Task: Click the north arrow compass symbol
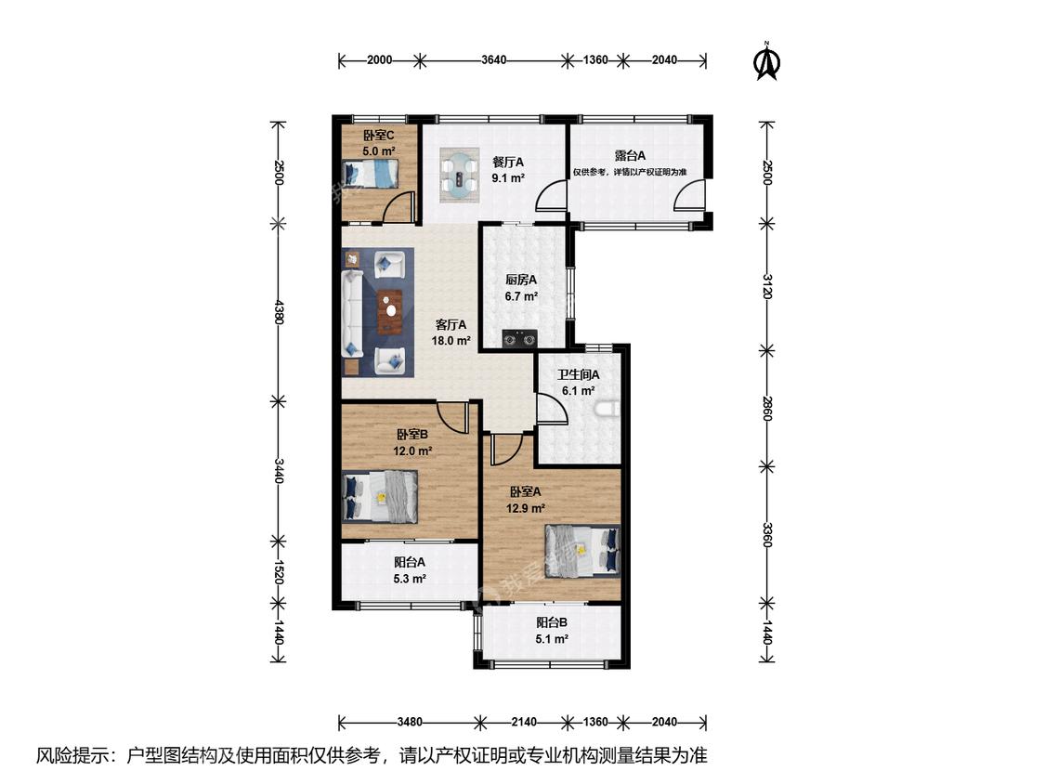click(x=766, y=61)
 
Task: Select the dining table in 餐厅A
click(x=459, y=175)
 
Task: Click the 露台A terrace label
click(x=630, y=156)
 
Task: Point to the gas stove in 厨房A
click(x=520, y=339)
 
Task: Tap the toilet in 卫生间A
click(x=609, y=409)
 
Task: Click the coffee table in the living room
click(x=390, y=311)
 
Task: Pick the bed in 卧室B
click(x=381, y=497)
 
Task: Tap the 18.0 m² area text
click(x=451, y=341)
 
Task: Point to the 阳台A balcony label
click(x=410, y=563)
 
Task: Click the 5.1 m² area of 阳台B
click(x=552, y=639)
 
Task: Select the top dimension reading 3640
click(x=494, y=60)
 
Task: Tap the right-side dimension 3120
click(x=767, y=286)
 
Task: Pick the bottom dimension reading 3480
click(x=410, y=722)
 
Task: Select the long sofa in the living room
click(x=352, y=313)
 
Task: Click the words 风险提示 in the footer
click(x=72, y=755)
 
